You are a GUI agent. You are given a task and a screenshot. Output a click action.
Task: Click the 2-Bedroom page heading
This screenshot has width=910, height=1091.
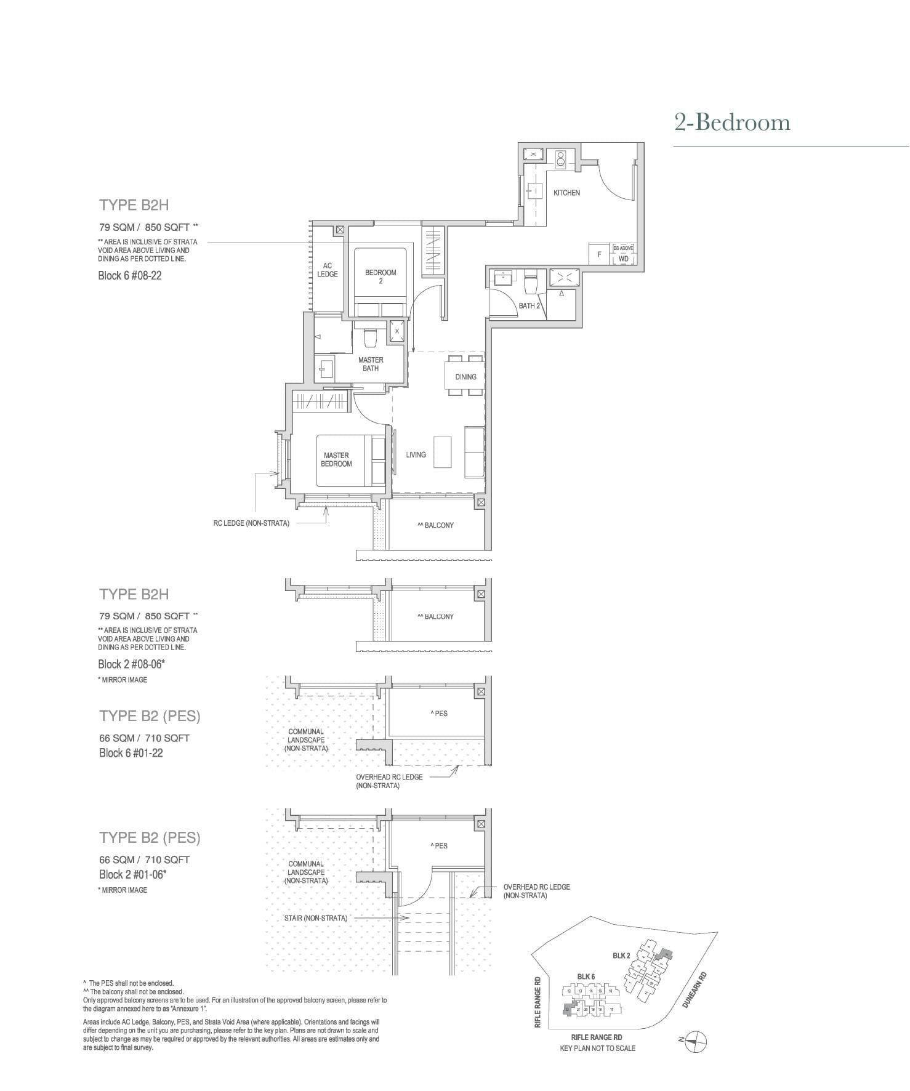tap(732, 123)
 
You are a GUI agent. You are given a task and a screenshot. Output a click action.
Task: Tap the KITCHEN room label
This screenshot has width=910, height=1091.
tap(566, 193)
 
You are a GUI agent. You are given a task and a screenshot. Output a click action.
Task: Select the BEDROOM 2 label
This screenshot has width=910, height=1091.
tap(381, 276)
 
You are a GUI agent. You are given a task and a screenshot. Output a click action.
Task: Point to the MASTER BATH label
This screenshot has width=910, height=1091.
tap(371, 364)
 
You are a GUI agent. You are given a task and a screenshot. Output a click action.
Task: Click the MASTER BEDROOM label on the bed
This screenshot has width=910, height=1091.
tap(336, 459)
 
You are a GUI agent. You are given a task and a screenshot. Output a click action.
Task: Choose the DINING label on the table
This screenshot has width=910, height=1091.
tap(465, 377)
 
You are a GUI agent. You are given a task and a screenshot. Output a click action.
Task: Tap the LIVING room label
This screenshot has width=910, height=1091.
tap(416, 454)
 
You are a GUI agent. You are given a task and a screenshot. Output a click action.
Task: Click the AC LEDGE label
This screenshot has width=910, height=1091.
tap(328, 270)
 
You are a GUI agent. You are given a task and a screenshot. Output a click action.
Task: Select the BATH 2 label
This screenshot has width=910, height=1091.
tap(529, 305)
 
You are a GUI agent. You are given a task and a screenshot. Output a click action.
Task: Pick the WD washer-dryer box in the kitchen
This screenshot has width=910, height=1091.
tap(623, 259)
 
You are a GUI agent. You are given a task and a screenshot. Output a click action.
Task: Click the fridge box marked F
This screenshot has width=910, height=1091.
tap(599, 254)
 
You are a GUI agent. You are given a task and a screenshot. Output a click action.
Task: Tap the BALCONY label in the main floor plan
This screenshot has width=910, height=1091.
tap(436, 525)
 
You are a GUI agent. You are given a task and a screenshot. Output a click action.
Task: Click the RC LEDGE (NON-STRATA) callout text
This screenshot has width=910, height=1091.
tap(251, 523)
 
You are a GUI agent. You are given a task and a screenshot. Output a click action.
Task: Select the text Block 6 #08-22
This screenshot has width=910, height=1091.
tap(130, 275)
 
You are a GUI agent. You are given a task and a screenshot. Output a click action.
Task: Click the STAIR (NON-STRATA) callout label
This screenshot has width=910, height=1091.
tap(315, 918)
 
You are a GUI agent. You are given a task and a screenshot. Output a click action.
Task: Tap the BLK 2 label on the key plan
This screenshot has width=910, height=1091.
tap(621, 956)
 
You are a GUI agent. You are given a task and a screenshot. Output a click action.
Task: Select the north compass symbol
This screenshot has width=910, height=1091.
tap(696, 1042)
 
